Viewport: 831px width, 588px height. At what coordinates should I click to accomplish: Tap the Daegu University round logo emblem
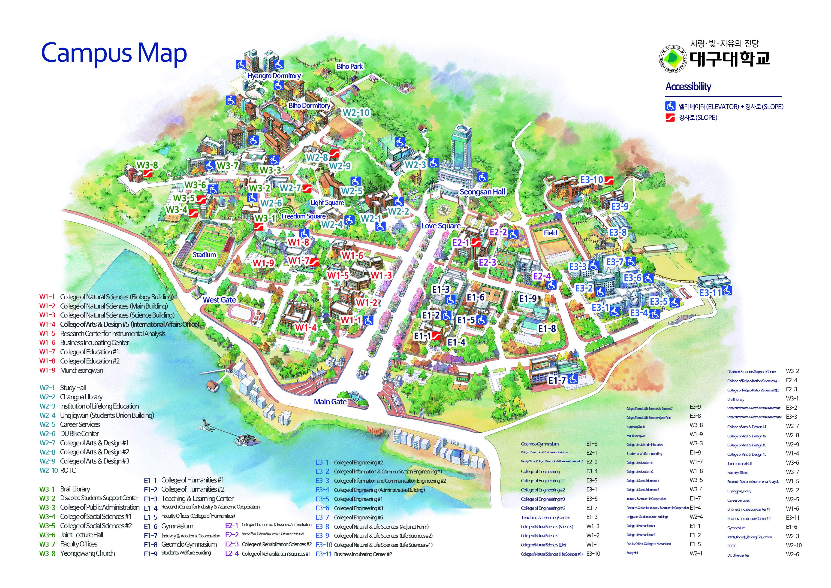pyautogui.click(x=672, y=58)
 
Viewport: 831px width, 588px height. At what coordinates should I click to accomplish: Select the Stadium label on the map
pyautogui.click(x=204, y=255)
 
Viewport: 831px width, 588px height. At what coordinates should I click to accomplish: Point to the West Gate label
pyautogui.click(x=219, y=300)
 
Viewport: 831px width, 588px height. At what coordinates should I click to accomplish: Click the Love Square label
pyautogui.click(x=440, y=226)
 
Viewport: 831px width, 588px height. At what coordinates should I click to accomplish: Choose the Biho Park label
pyautogui.click(x=349, y=66)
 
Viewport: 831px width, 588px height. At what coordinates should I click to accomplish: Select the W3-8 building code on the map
pyautogui.click(x=147, y=165)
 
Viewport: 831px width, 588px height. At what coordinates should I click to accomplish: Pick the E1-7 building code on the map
pyautogui.click(x=557, y=380)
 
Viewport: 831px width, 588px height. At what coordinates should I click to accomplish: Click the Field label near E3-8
pyautogui.click(x=550, y=233)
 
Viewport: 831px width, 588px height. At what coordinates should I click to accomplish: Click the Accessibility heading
pyautogui.click(x=688, y=87)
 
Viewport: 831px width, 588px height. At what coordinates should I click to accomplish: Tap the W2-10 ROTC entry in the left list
pyautogui.click(x=58, y=470)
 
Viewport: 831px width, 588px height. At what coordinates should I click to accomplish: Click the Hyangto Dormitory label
pyautogui.click(x=274, y=76)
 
